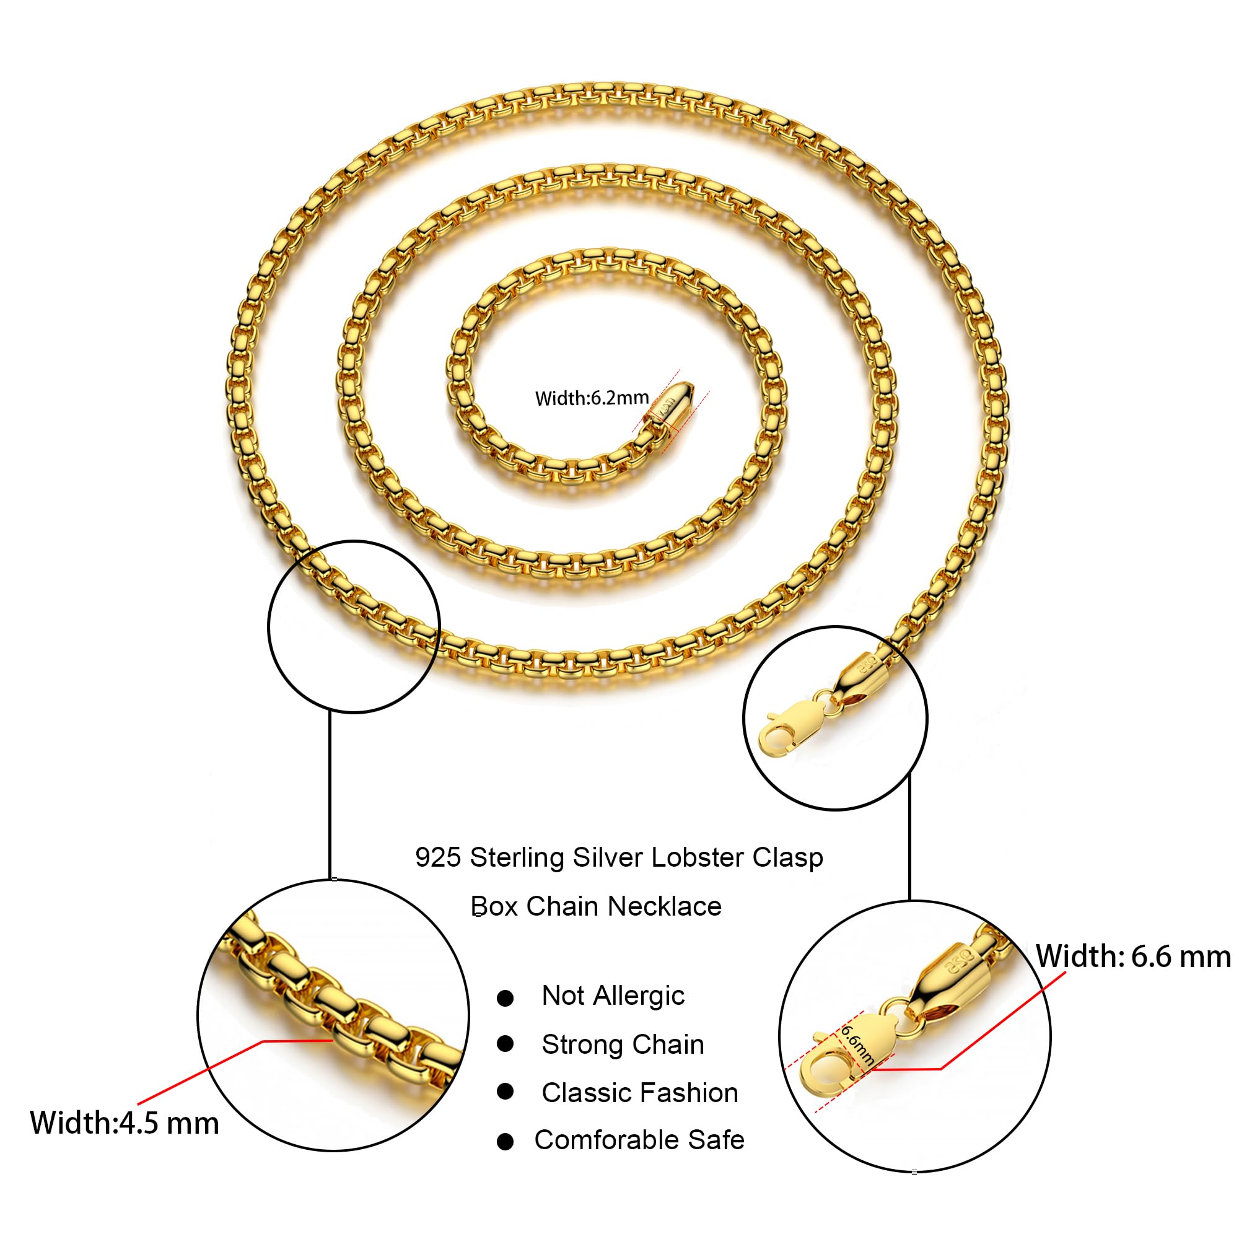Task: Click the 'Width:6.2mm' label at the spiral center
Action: (592, 398)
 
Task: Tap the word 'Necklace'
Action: (664, 906)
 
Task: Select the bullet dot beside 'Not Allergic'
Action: (506, 998)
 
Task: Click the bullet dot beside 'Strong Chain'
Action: (506, 1044)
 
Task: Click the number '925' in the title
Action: (438, 857)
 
